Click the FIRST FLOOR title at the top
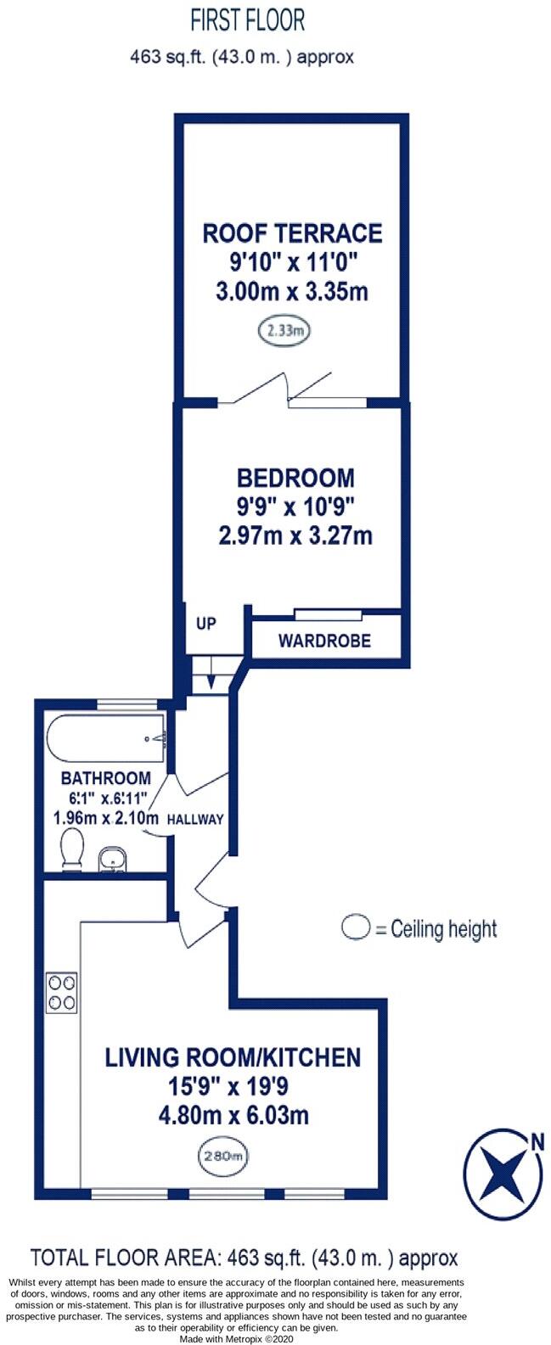tap(247, 20)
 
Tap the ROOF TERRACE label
tap(291, 233)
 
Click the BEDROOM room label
tap(295, 477)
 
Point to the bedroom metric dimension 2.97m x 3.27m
tap(295, 536)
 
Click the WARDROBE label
tap(324, 641)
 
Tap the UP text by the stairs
tap(206, 624)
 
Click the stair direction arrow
tap(208, 680)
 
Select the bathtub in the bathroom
tap(107, 738)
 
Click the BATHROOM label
tap(106, 778)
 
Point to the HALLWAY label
tap(195, 820)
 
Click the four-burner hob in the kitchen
tap(62, 992)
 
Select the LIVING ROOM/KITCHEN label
tap(233, 1057)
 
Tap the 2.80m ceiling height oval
tap(224, 1155)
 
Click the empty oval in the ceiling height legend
tap(356, 928)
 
